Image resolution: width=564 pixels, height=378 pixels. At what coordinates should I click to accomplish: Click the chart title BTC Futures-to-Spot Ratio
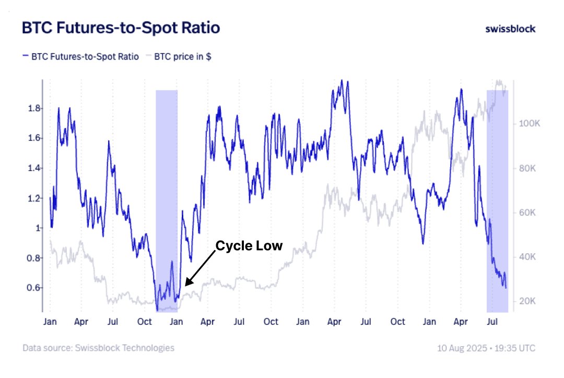tap(121, 28)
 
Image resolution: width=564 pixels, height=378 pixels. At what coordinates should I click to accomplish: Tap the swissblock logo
tap(510, 29)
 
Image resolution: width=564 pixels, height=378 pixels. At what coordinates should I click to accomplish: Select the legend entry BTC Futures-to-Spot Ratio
tap(80, 57)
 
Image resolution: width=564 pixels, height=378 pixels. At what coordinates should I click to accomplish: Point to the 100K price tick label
tap(528, 124)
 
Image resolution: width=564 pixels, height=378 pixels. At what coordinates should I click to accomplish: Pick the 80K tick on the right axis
tap(526, 169)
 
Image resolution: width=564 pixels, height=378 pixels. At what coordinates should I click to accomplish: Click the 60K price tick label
tap(526, 213)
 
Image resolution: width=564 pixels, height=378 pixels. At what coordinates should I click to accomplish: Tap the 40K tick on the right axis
tap(526, 257)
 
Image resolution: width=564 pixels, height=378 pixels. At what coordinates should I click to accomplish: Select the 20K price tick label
tap(526, 301)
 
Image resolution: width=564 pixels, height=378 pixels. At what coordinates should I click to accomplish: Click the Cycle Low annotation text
tap(249, 246)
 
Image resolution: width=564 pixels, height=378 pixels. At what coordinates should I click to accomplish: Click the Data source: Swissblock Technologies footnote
tap(99, 348)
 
